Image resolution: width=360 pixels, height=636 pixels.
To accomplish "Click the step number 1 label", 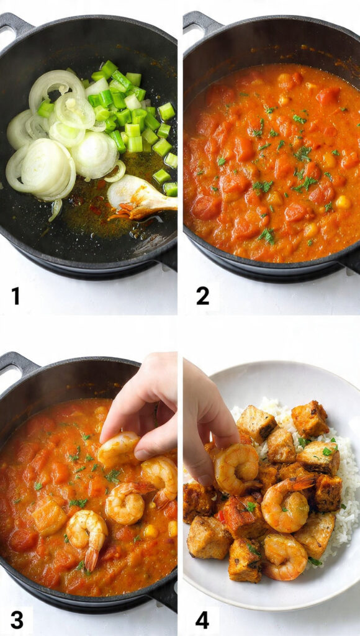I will click(x=16, y=296).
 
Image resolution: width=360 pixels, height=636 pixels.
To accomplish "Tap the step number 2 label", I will click(x=202, y=296).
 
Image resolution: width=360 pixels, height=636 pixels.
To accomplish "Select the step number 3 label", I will click(x=17, y=619).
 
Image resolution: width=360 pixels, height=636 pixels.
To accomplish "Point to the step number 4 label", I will click(x=202, y=619).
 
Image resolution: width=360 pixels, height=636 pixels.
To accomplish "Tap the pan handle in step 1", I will click(x=14, y=27).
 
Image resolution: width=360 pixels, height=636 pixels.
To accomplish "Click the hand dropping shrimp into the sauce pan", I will click(x=146, y=404).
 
